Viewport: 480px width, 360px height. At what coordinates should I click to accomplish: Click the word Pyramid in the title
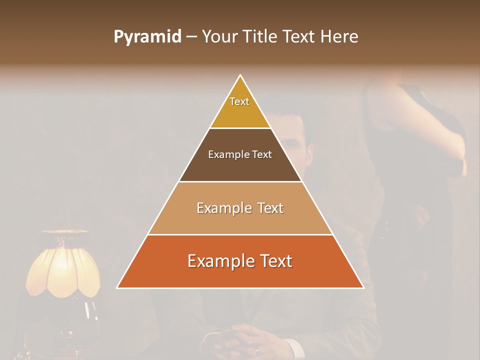[147, 37]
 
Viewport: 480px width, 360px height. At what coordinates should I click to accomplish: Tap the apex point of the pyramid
[240, 75]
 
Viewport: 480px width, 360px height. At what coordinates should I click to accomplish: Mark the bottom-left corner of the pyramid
[117, 288]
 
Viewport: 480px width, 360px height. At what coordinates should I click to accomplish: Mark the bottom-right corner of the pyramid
[363, 288]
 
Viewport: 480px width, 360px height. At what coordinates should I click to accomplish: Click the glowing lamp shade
[62, 265]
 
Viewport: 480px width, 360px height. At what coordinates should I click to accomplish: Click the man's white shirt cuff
[292, 347]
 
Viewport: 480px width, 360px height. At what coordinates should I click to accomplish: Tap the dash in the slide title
[191, 37]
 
